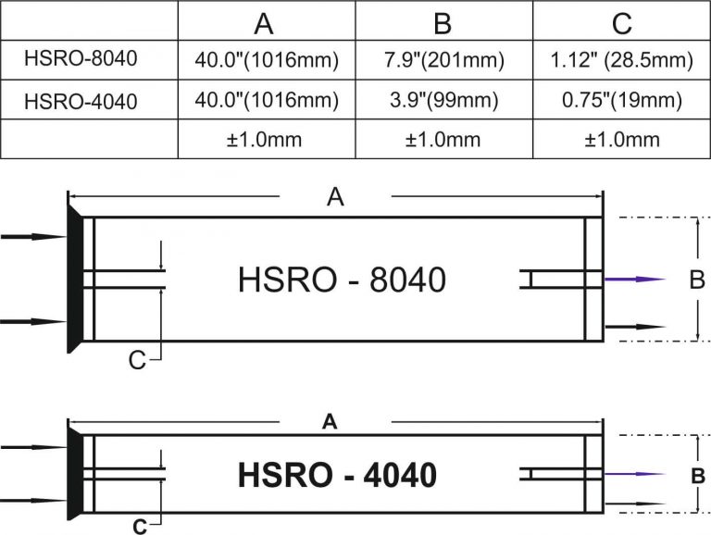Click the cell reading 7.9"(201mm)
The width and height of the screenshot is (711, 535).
coord(444,61)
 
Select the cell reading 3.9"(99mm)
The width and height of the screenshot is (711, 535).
coord(444,100)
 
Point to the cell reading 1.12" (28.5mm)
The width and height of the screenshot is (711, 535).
coord(622,61)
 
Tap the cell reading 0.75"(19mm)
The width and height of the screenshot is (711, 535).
coord(622,100)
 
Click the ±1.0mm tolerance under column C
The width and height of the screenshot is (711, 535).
coord(622,139)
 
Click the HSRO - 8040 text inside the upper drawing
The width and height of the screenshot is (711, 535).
coord(343,279)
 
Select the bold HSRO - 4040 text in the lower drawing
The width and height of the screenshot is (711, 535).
coord(337,475)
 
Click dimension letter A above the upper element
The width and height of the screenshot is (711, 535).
coord(335,196)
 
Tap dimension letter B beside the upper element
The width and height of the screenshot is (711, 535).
coord(698,279)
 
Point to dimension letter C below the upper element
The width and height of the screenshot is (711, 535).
coord(137,360)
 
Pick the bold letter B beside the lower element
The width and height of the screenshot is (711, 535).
coord(699,476)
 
